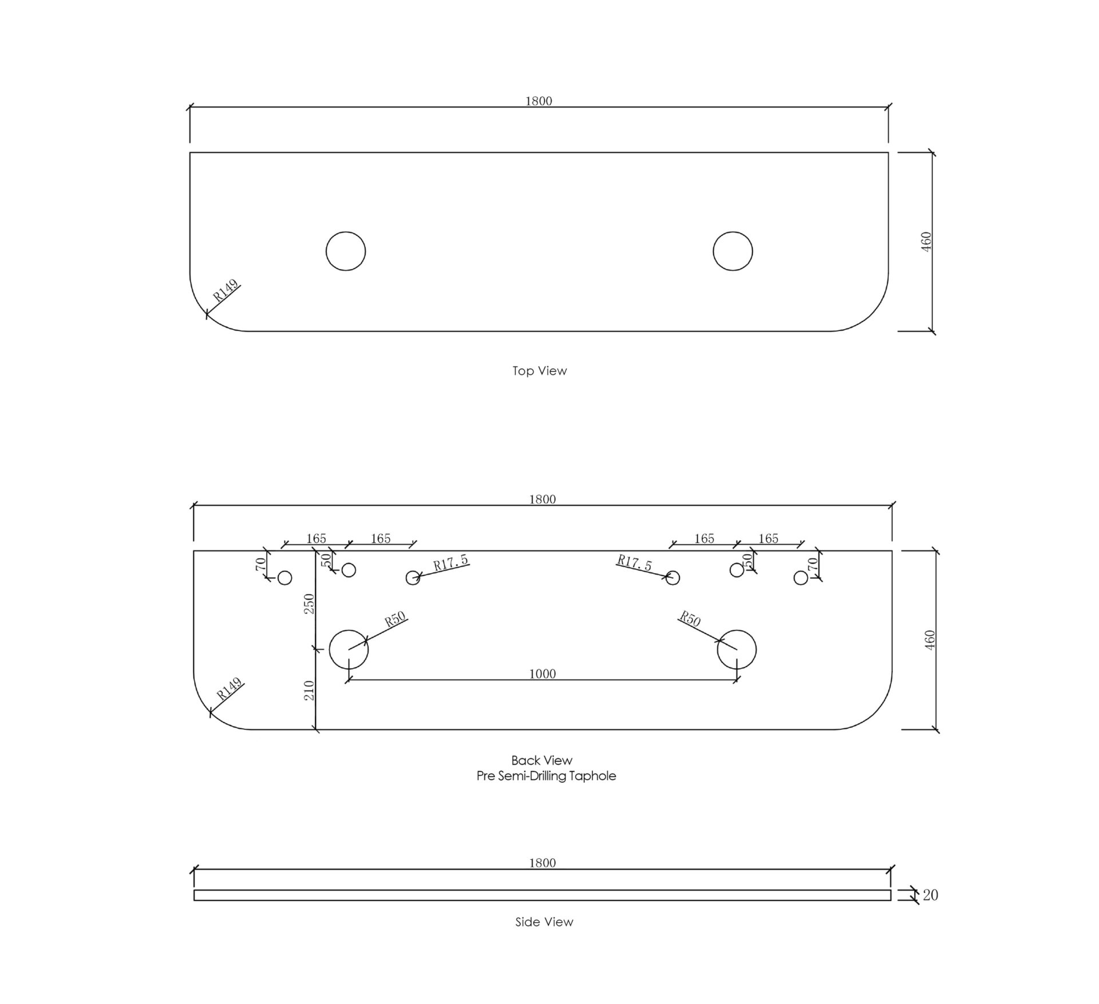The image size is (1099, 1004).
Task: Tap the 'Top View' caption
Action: click(x=539, y=371)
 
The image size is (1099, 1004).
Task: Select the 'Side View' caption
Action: click(x=544, y=922)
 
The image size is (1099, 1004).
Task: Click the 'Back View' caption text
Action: click(x=541, y=760)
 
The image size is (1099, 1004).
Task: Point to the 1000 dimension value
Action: click(x=542, y=674)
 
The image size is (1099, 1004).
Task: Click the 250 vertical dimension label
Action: click(x=309, y=604)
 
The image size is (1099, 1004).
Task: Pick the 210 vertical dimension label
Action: click(x=309, y=690)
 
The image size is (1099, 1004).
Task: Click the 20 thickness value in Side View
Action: click(x=930, y=895)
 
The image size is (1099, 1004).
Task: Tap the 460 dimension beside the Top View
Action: click(x=927, y=242)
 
